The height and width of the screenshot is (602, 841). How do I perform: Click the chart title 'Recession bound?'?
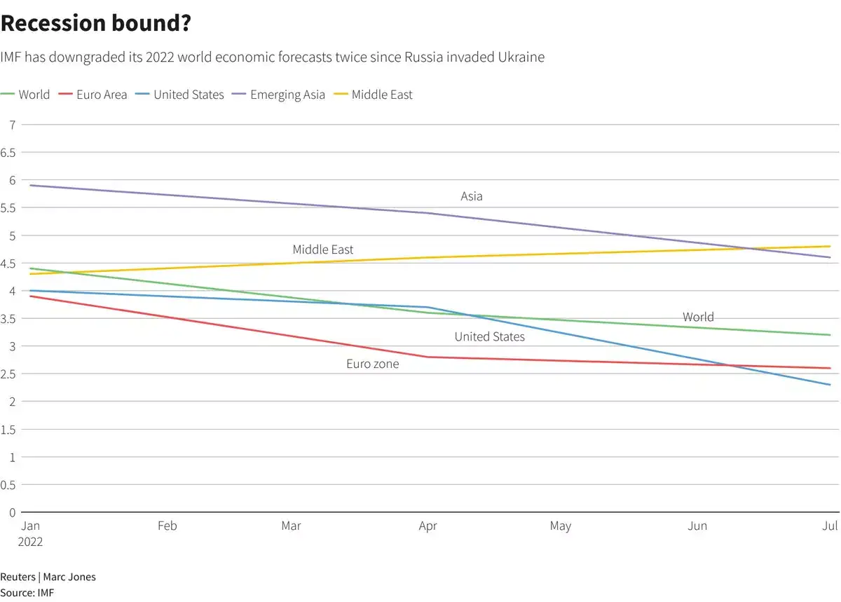click(x=96, y=23)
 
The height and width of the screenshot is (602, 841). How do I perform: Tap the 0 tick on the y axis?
click(x=12, y=512)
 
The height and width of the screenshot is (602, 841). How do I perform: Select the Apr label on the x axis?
click(x=428, y=526)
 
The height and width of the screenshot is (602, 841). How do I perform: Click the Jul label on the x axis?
click(x=830, y=526)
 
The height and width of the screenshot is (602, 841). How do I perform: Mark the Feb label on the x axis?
click(x=167, y=526)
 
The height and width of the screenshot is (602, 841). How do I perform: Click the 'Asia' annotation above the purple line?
click(x=472, y=196)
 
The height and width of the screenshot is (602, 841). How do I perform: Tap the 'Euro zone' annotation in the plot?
click(x=372, y=364)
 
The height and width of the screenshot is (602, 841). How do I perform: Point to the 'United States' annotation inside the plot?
click(x=489, y=337)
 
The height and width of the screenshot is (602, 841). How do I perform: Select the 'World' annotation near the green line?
click(x=698, y=317)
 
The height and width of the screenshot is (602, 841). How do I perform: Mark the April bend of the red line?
click(x=428, y=357)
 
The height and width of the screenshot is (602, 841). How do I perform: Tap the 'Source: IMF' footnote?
click(x=27, y=593)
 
